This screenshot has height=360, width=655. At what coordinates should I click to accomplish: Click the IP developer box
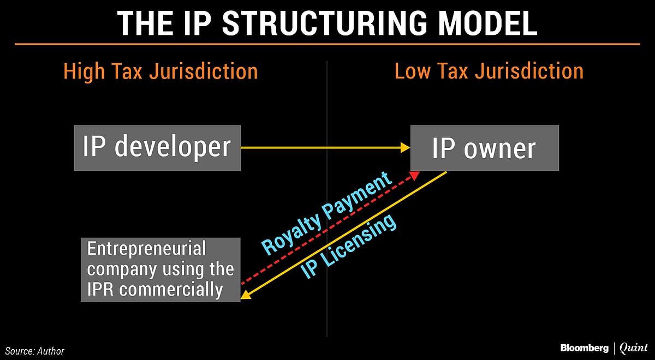(x=157, y=147)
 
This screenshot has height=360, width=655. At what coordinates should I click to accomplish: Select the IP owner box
(x=484, y=148)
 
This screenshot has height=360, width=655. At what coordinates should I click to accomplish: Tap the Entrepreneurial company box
(x=160, y=269)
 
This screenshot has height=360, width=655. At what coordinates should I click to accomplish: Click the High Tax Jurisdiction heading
(x=160, y=71)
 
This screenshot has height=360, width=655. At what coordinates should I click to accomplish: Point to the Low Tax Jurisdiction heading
(x=489, y=71)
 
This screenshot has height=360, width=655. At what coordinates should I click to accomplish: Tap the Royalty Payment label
(x=327, y=213)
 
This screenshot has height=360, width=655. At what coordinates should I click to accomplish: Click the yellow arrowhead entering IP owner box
(x=405, y=147)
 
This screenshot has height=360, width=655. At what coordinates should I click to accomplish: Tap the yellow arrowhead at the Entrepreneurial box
(x=245, y=295)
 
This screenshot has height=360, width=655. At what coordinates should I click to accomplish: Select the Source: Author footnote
(x=35, y=351)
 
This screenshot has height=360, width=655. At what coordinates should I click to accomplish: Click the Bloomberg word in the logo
(x=583, y=347)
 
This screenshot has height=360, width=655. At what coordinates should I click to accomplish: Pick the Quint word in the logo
(x=633, y=347)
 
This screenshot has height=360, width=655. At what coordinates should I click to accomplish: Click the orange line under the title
(x=327, y=44)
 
